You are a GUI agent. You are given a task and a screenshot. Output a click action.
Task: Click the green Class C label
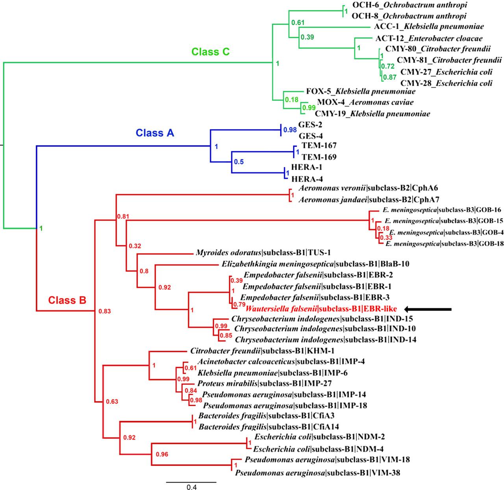[x=210, y=52]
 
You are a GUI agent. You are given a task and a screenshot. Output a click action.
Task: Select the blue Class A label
[x=155, y=133]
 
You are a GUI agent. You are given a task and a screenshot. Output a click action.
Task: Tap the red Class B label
[x=67, y=300]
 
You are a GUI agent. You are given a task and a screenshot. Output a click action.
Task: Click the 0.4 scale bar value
[x=191, y=487]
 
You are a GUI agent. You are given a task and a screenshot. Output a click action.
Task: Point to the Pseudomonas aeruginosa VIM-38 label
[x=318, y=473]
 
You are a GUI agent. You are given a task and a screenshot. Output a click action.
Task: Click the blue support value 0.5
[x=239, y=162]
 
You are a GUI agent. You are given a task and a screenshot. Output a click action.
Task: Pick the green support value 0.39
[x=307, y=37]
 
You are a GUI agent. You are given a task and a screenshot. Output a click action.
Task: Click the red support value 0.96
[x=162, y=454]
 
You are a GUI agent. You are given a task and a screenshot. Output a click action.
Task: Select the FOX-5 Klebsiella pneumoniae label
[x=361, y=91]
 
